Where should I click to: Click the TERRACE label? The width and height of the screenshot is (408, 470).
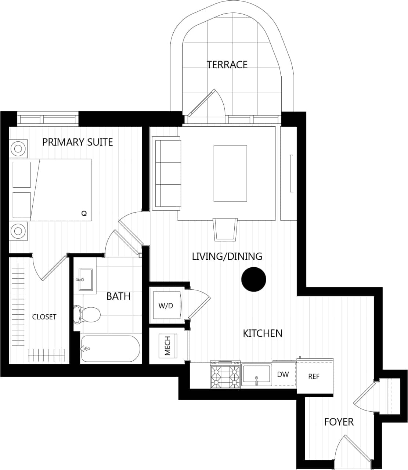[x=227, y=65]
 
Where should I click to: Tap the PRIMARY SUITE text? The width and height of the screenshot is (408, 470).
[x=77, y=142]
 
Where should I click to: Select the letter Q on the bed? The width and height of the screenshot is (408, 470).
[x=84, y=214]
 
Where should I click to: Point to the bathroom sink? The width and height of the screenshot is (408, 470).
[x=86, y=279]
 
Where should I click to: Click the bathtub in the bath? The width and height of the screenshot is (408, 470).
[x=110, y=348]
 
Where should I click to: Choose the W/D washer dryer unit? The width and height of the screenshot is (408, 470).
[x=166, y=305]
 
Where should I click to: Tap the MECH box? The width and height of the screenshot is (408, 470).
[x=167, y=346]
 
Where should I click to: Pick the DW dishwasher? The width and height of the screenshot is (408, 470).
[x=283, y=375]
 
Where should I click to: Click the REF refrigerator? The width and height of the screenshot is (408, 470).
[x=314, y=376]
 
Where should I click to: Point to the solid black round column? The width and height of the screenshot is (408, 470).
[x=253, y=279]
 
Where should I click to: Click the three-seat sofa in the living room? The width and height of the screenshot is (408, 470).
[x=167, y=174]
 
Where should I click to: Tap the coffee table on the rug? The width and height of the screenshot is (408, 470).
[x=230, y=173]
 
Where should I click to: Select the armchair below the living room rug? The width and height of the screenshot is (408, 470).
[x=225, y=229]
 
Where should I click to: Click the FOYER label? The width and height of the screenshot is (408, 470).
[x=339, y=422]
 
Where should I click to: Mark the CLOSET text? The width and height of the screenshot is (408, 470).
[x=44, y=317]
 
